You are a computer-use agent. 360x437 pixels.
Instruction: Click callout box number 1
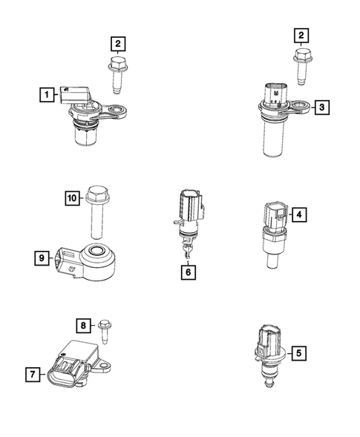coord(48,94)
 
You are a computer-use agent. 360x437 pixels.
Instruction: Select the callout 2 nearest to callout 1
coord(119,43)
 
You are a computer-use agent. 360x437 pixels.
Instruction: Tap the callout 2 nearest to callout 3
coord(300,34)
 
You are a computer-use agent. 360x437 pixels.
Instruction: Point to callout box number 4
coord(299,215)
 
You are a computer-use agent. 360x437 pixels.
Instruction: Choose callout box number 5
coord(299,354)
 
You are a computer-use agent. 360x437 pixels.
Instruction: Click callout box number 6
coord(189,273)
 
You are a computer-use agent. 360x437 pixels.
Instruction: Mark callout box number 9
coord(42,257)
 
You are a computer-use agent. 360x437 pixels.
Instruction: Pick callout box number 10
coord(72,197)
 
